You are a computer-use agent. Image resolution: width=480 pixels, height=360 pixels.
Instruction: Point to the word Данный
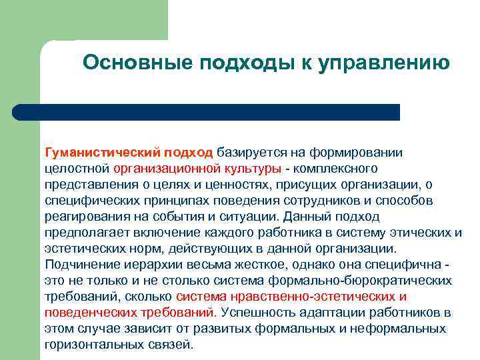pos(307,217)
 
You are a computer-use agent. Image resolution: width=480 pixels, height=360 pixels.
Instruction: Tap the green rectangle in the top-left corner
pos(20,27)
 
